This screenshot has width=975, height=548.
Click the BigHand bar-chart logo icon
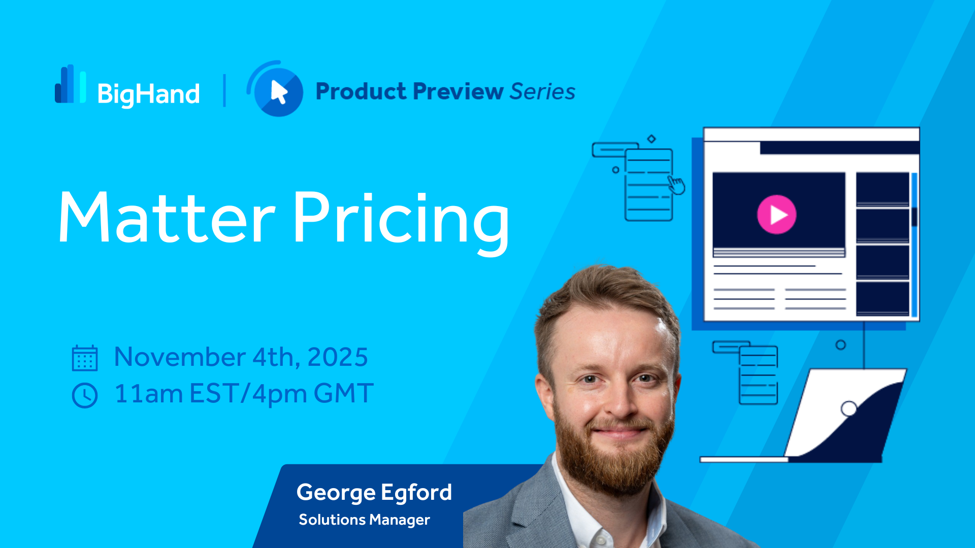[70, 84]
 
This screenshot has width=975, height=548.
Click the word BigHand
[148, 94]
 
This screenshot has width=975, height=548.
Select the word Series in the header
[542, 91]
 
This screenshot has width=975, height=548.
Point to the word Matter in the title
[167, 218]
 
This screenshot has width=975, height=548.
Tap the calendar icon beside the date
[85, 358]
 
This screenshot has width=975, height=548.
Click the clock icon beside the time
[85, 395]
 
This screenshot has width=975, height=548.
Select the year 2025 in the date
[338, 357]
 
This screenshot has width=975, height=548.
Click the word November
[180, 357]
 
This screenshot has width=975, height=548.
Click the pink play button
[776, 215]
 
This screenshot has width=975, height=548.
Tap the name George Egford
[374, 492]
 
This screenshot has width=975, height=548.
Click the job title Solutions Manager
[364, 520]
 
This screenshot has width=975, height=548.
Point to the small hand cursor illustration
[676, 185]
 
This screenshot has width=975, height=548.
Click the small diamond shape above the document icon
[652, 139]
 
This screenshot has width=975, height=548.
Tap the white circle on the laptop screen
[849, 408]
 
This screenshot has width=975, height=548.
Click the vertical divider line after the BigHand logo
[224, 90]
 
